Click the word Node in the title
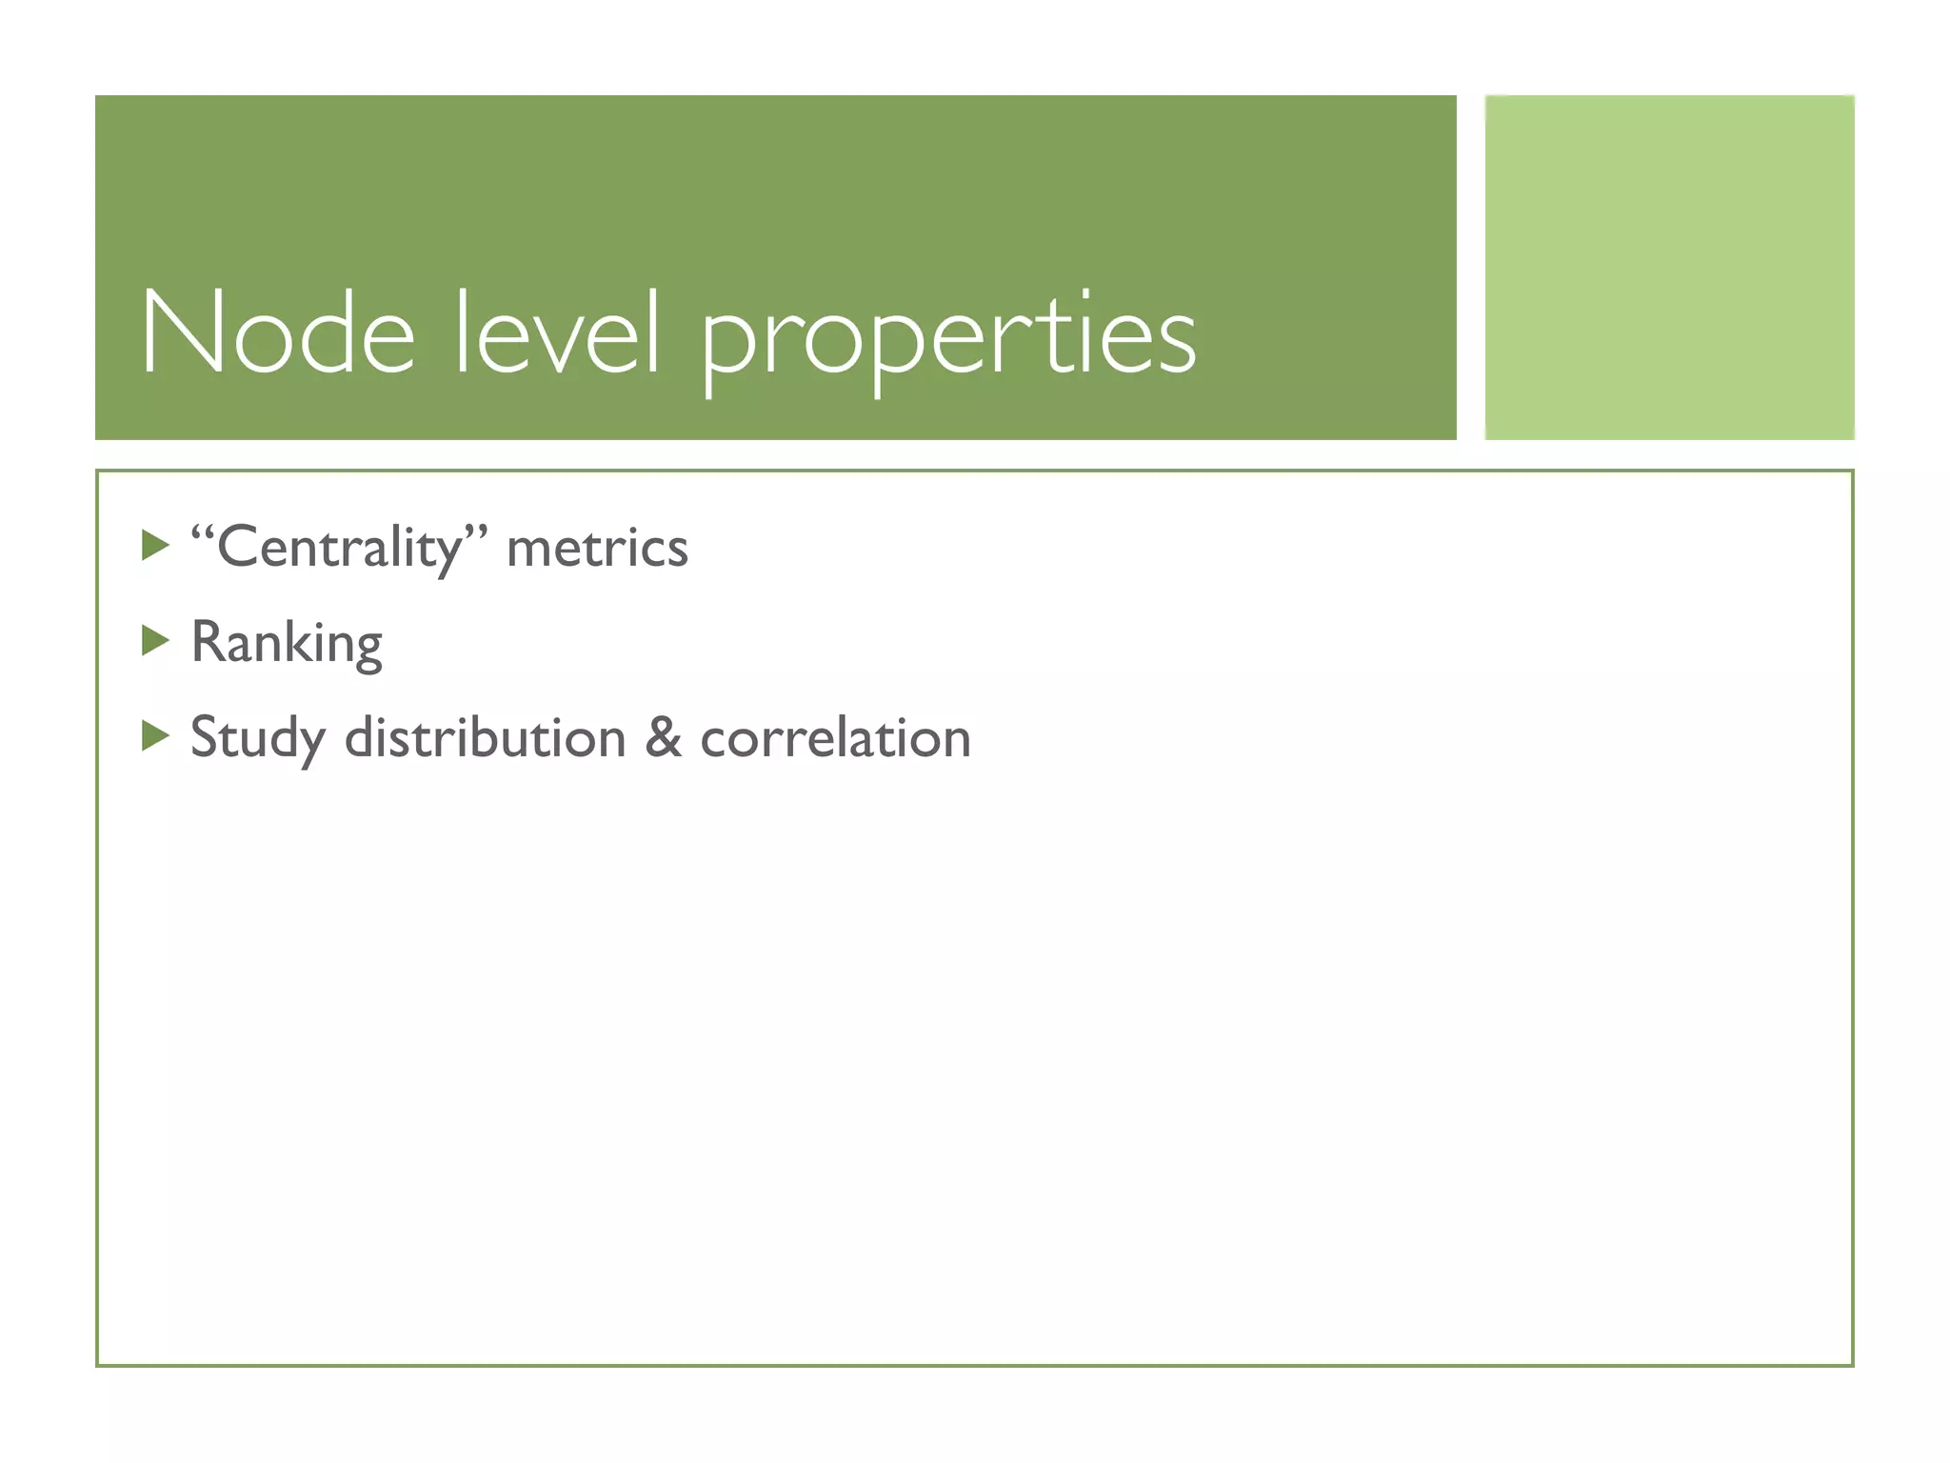point(277,333)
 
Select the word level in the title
point(557,333)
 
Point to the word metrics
point(597,549)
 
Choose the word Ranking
point(287,644)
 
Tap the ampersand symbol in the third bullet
point(664,738)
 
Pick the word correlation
point(835,738)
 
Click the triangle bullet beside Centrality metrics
point(154,546)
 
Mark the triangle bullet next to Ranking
point(154,641)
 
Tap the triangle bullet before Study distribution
point(154,736)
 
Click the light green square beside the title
point(1669,268)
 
